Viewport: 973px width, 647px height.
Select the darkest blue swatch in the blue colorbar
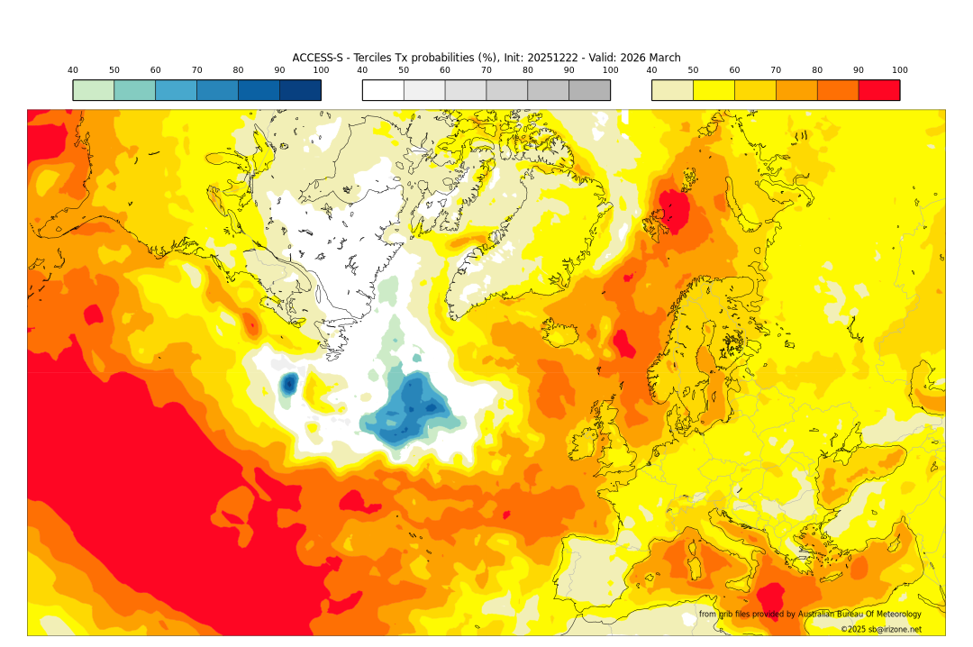point(300,90)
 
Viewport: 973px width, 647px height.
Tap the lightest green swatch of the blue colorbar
point(94,90)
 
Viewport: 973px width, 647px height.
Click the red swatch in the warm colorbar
point(878,90)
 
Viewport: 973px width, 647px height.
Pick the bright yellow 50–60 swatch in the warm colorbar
point(714,90)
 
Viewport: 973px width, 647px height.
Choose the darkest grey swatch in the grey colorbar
point(589,90)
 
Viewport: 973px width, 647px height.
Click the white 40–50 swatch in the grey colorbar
point(383,90)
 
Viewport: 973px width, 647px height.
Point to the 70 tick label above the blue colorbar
point(196,70)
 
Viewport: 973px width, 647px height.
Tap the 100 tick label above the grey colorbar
point(610,70)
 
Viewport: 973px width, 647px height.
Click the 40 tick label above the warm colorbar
point(651,70)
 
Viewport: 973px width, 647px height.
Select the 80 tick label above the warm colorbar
point(817,70)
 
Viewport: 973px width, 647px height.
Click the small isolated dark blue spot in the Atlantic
point(289,385)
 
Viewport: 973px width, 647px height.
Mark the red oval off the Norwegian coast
point(621,343)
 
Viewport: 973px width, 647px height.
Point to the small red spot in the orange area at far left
point(92,314)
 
